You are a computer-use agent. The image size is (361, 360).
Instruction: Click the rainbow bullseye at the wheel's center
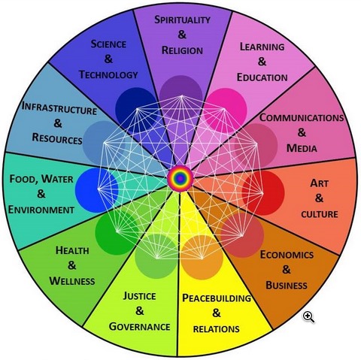pos(180,178)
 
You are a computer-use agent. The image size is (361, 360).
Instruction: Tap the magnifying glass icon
pos(308,317)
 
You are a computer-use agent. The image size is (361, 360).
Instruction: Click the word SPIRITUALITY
pos(182,20)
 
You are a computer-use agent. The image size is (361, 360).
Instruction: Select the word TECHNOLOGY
pos(108,74)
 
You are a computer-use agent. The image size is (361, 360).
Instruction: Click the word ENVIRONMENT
pos(41,210)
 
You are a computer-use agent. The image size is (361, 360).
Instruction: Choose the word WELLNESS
pos(72,281)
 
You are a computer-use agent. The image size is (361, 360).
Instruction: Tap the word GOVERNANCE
pos(140,326)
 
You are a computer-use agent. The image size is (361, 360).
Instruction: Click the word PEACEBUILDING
pos(217,298)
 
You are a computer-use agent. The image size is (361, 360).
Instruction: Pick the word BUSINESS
pos(287,285)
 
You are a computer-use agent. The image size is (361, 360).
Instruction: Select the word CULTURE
pos(320,214)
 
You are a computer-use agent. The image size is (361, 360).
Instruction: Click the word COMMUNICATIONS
pos(302,117)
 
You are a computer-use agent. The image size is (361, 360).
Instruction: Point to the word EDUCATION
pos(262,77)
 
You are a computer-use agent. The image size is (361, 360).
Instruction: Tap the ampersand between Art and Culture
pos(319,198)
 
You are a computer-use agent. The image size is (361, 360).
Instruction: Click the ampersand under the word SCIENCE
pos(108,59)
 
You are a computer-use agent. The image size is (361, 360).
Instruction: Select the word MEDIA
pos(302,148)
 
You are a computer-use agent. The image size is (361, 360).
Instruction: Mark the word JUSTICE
pos(139,296)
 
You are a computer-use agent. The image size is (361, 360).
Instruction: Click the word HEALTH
pos(72,250)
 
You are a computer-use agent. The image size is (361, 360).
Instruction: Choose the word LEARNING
pos(262,47)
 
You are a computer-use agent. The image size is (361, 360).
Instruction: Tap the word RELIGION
pos(182,50)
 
